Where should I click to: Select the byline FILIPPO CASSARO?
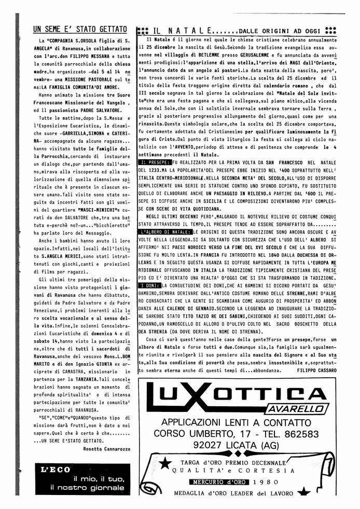pos(317,370)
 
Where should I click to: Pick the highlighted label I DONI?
pos(150,285)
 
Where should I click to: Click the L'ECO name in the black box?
pos(56,470)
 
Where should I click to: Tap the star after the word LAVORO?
pos(303,493)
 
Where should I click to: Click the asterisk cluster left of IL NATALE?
pos(141,31)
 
